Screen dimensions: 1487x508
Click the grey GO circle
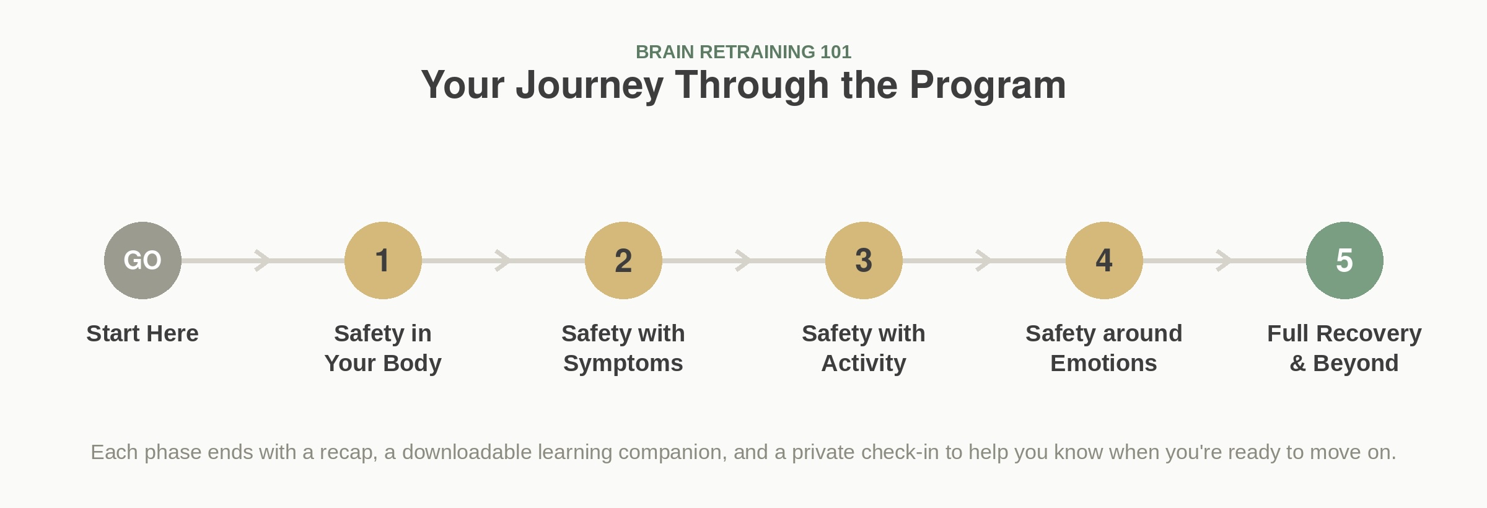coord(143,260)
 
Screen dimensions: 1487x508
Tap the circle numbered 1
coord(383,260)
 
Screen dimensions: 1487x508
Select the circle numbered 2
coord(623,260)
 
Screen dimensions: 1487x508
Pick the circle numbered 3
coord(864,260)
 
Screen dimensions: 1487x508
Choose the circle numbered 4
coord(1104,260)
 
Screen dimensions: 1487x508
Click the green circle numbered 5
coord(1344,260)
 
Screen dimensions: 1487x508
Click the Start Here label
coord(143,333)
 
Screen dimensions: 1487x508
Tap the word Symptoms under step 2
coord(623,364)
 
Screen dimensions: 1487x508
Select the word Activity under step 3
coord(864,364)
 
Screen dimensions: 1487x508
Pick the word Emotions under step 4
coord(1104,363)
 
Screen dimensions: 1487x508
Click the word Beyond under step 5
coord(1356,364)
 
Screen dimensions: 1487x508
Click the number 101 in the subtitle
coord(836,52)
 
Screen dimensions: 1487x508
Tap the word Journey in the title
coord(589,85)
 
